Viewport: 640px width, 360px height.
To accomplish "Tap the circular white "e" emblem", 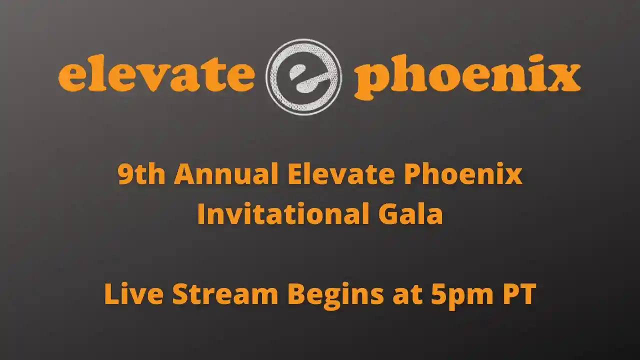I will coord(304,77).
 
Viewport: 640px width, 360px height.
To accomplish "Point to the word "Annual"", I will coord(226,175).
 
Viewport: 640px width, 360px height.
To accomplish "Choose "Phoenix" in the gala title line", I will coord(462,175).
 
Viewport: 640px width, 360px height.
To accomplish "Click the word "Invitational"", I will coord(280,214).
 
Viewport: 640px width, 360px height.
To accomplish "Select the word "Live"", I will coord(133,294).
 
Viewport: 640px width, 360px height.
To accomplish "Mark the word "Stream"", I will coord(225,294).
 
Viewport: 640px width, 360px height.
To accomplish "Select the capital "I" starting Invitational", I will coord(201,214).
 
